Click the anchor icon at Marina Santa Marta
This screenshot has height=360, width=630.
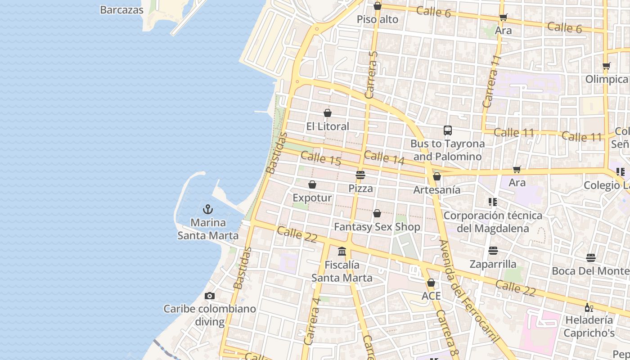(x=207, y=209)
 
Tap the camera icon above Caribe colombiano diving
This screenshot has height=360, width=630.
(x=209, y=296)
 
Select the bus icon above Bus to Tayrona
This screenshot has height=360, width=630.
(x=447, y=130)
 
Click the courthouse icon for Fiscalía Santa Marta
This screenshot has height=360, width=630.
(x=342, y=251)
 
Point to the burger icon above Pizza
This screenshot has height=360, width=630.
(x=360, y=175)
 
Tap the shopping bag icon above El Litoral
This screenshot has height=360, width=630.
(x=328, y=113)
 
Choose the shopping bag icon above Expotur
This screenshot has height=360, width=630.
(x=312, y=184)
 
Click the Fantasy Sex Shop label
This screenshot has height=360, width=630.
(x=377, y=227)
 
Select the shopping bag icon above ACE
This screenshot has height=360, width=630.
(x=431, y=283)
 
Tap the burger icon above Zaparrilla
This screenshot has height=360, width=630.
(x=493, y=250)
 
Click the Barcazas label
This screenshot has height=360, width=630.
(x=121, y=10)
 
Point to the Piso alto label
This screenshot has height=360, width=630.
(x=378, y=19)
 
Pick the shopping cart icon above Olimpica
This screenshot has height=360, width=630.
(x=606, y=66)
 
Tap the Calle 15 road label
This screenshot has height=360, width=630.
(x=320, y=158)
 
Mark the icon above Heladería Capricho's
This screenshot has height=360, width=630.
(x=589, y=307)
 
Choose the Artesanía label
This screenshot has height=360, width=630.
(x=436, y=189)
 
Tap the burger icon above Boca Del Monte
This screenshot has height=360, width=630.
(x=591, y=258)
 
